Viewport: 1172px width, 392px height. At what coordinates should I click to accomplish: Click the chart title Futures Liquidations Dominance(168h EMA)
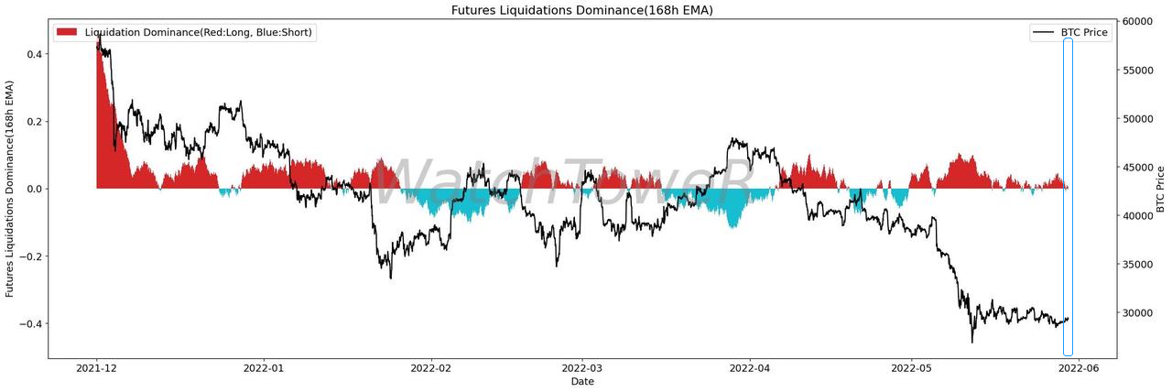tap(581, 10)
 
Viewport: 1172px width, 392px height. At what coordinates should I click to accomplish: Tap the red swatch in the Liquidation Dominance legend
tap(67, 32)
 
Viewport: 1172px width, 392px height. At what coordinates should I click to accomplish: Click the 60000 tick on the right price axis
tap(1138, 22)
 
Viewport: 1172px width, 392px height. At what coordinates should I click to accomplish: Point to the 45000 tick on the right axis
tap(1138, 168)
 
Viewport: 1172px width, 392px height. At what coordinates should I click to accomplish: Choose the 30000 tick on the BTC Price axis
tap(1138, 313)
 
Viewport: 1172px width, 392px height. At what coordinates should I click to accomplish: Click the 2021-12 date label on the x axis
tap(97, 369)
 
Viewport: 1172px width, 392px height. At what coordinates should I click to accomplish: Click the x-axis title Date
tap(581, 382)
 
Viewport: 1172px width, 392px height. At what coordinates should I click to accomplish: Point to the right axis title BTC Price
tap(1161, 190)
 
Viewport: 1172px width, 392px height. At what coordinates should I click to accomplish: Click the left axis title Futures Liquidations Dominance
tap(11, 190)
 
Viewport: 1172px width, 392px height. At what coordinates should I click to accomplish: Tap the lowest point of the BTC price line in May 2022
tap(972, 343)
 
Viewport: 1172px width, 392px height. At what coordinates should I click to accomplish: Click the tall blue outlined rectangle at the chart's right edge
tap(1068, 197)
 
